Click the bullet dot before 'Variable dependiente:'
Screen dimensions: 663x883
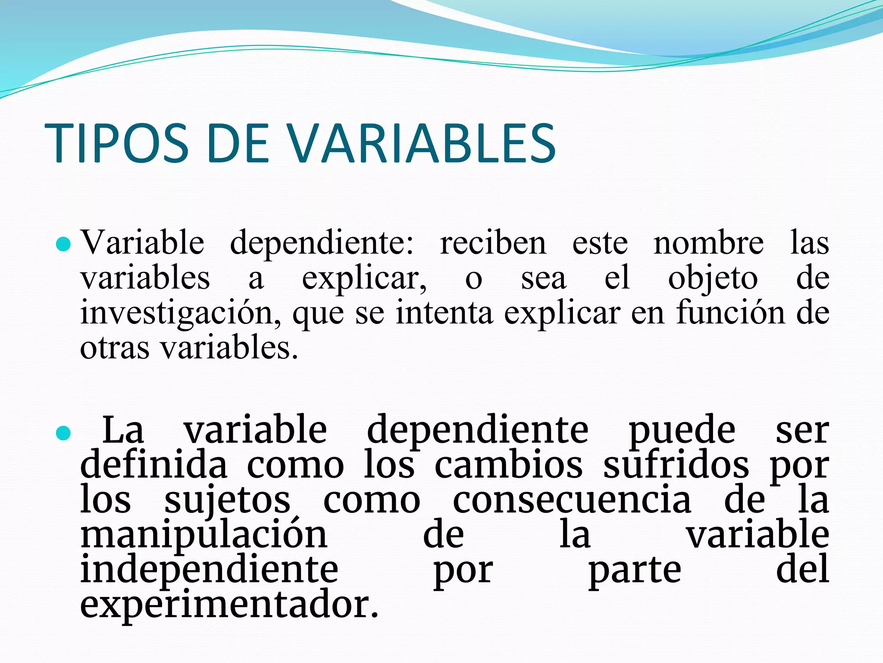click(x=63, y=244)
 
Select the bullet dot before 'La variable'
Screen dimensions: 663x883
click(x=63, y=433)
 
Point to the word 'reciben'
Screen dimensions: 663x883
click(x=493, y=243)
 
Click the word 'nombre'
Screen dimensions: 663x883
click(x=708, y=243)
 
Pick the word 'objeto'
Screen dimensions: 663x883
click(x=713, y=279)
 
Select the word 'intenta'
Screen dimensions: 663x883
click(x=444, y=313)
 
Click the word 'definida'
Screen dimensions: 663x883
click(x=153, y=465)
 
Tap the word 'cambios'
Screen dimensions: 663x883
click(x=508, y=465)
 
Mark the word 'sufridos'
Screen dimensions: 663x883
click(x=676, y=465)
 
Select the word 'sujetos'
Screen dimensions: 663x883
click(x=228, y=501)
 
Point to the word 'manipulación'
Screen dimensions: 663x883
click(x=204, y=536)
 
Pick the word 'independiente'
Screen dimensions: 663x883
click(x=209, y=571)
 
